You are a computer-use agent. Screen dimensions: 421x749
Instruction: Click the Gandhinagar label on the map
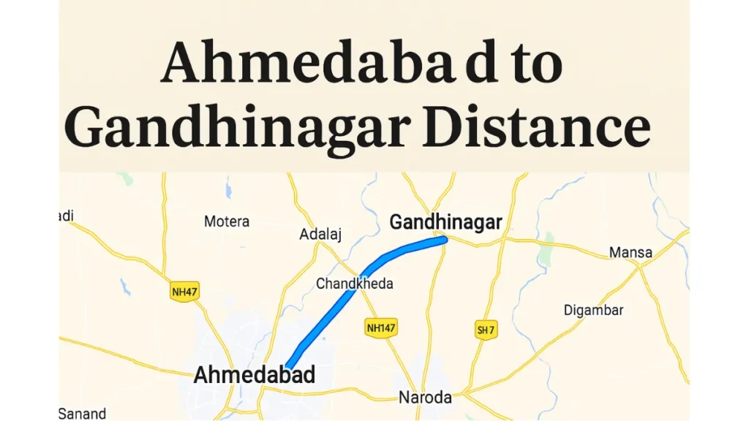(x=445, y=222)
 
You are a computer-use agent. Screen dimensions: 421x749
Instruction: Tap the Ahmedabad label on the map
(x=254, y=376)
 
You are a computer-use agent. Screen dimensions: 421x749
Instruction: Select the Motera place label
(x=227, y=221)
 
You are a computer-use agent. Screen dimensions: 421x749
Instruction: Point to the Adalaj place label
(x=320, y=235)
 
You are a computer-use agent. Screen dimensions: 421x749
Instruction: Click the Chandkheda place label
(x=355, y=284)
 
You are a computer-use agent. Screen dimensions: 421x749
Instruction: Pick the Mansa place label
(x=631, y=253)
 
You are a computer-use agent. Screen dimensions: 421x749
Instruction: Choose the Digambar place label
(x=593, y=310)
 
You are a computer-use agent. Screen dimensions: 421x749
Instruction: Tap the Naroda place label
(x=425, y=398)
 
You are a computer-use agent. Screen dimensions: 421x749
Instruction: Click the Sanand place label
(x=82, y=414)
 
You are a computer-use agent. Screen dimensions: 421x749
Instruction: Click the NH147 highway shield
(x=380, y=327)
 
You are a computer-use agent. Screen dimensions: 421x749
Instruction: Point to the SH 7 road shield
(x=486, y=330)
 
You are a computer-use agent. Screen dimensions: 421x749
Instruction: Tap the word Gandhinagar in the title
(x=237, y=129)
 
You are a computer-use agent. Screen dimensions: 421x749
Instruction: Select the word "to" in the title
(x=535, y=64)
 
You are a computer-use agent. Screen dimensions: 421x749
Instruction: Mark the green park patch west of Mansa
(x=545, y=252)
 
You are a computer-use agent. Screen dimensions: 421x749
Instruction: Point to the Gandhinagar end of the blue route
(x=442, y=238)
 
